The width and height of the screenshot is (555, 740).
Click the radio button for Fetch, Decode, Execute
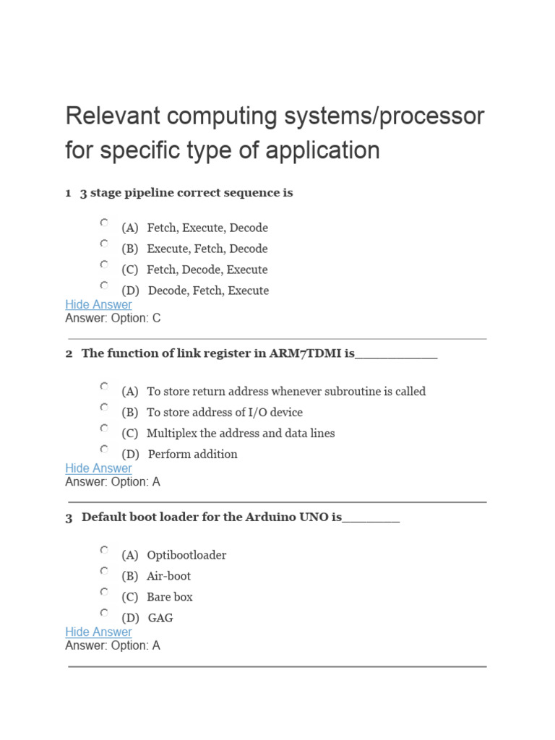(x=104, y=264)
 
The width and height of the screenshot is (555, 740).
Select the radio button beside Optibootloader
(x=104, y=550)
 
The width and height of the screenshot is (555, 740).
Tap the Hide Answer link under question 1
(x=98, y=305)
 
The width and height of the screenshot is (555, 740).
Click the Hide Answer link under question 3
(x=98, y=632)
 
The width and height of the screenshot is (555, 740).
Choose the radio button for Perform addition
(x=104, y=449)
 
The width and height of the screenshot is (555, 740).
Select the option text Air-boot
(x=168, y=576)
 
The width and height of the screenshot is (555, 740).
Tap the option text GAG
(x=160, y=618)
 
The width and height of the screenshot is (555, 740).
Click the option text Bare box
(x=169, y=597)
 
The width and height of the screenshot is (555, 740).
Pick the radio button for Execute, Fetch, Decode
(x=104, y=244)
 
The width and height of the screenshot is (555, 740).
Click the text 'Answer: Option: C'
(x=113, y=318)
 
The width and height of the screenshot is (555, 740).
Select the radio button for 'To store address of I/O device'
(x=104, y=407)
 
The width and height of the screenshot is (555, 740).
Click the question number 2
(x=69, y=354)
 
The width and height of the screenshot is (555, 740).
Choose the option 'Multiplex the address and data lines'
(x=240, y=434)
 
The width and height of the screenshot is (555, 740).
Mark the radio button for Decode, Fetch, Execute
(x=104, y=285)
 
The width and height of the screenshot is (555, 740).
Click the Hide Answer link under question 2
(x=98, y=468)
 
